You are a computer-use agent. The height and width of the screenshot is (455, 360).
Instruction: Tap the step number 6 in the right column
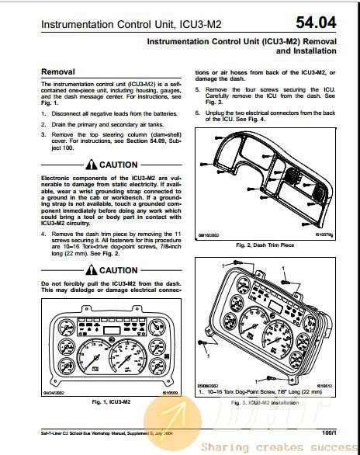pyautogui.click(x=198, y=113)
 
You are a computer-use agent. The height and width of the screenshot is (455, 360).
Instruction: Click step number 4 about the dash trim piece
pyautogui.click(x=43, y=233)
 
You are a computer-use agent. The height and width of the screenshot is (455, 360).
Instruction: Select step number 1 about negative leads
pyautogui.click(x=43, y=113)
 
